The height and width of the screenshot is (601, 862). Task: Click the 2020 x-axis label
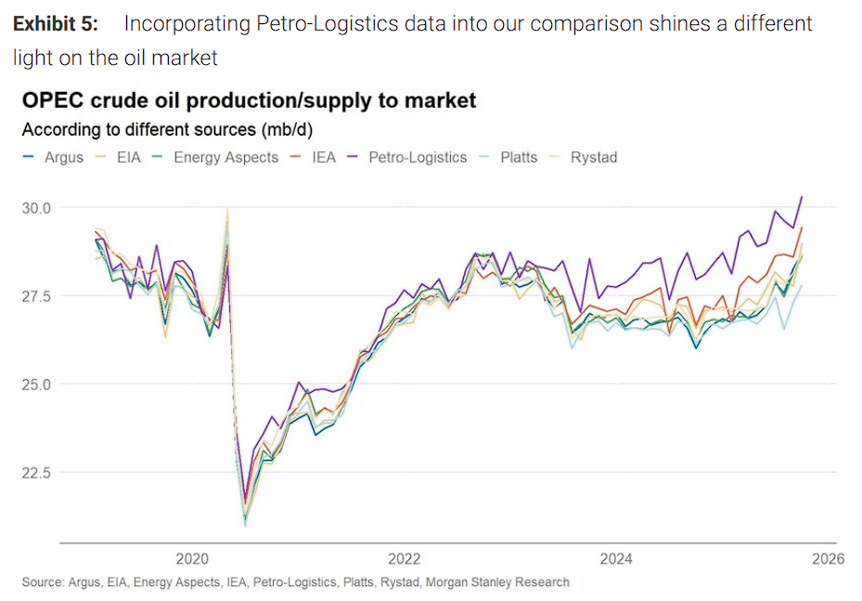192,558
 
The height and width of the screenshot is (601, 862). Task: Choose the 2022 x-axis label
405,558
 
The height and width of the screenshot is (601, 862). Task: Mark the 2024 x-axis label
616,558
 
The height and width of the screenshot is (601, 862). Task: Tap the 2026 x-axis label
827,558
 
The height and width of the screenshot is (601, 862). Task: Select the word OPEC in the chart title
49,100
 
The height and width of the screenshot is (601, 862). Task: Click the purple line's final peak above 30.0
802,197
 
